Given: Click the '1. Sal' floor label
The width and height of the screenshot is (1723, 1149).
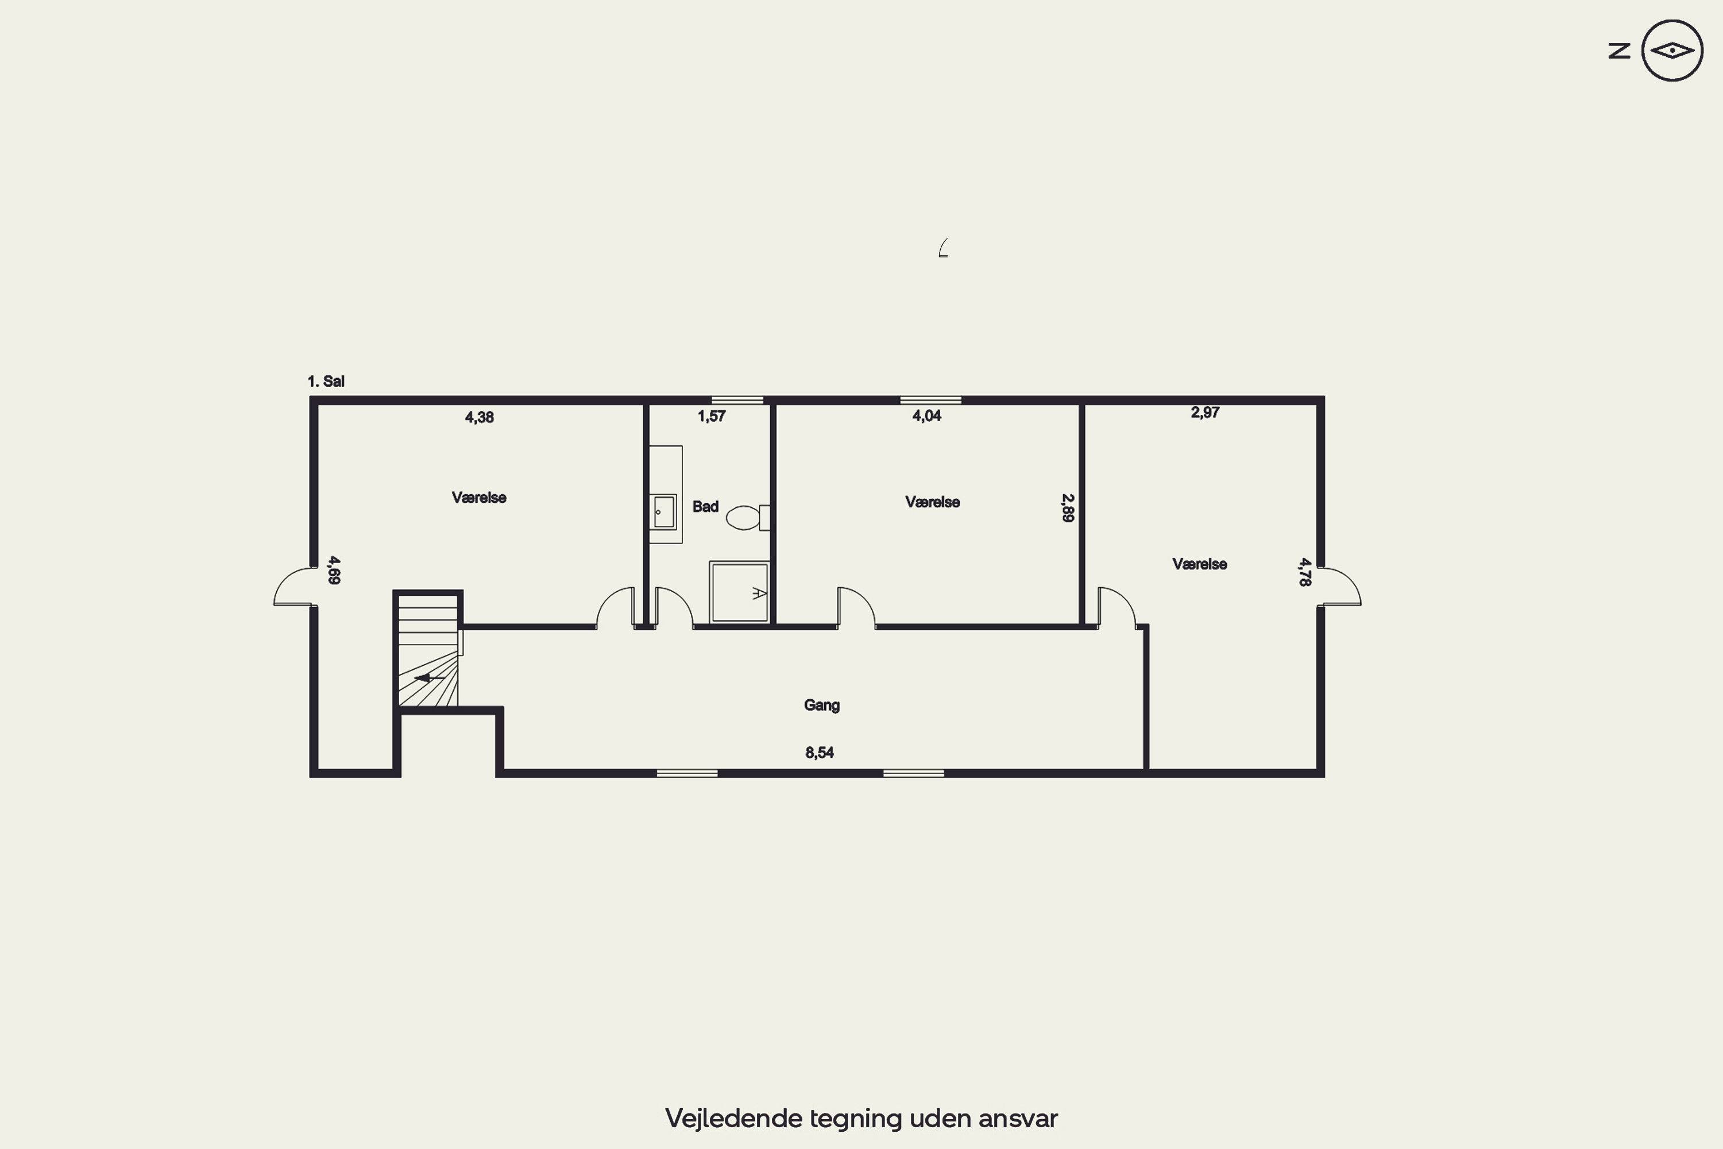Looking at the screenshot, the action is coord(326,381).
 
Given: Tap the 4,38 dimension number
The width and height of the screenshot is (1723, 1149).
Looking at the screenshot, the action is coord(479,418).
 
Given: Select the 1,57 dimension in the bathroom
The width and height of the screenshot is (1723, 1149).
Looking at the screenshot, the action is coord(712,416).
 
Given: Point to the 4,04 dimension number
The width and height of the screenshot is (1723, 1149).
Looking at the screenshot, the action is coord(927,415).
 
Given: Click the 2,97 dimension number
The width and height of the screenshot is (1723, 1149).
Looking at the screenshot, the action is coord(1205,412).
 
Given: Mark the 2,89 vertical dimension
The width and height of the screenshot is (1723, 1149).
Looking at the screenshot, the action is coord(1068,508).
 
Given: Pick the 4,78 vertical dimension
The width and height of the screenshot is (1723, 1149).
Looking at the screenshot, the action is coord(1305,572).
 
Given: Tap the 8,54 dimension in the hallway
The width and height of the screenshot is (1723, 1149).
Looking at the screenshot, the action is coord(820,753).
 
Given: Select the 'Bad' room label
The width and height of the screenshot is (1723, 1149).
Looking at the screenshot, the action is coord(705,506).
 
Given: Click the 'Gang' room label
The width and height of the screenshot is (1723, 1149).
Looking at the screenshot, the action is coord(822,705).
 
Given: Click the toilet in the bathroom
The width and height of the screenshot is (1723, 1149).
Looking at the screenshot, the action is coord(748,518).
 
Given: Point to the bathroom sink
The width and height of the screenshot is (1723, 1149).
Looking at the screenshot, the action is coord(665,511).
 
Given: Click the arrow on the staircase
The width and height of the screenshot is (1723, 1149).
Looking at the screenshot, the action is coord(428,678).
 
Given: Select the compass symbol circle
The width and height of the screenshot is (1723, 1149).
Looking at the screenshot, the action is coord(1672,51).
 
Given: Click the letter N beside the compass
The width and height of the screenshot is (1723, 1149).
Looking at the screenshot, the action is coord(1619,51).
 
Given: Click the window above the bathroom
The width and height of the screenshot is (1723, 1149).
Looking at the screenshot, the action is coord(737,400).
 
